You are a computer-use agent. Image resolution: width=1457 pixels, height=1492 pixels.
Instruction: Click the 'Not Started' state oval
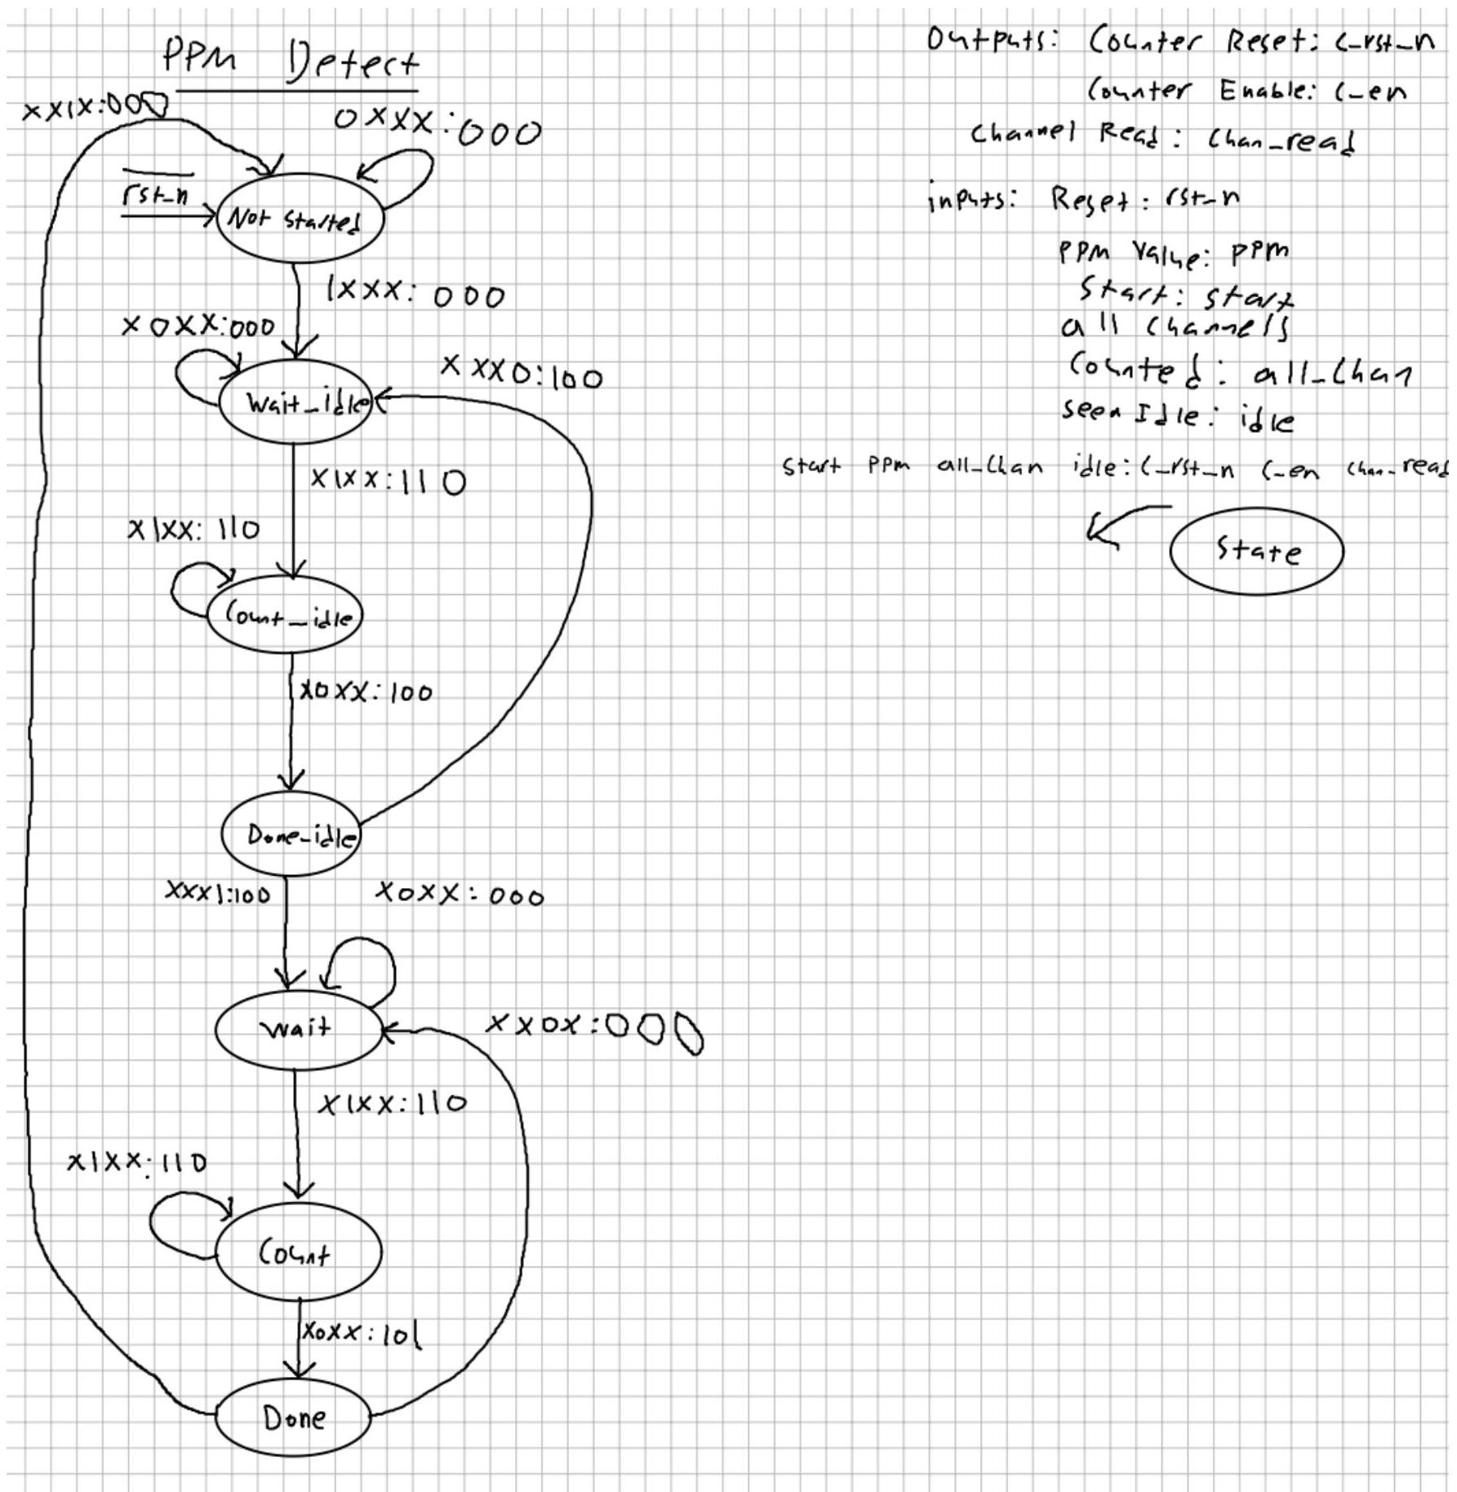[300, 218]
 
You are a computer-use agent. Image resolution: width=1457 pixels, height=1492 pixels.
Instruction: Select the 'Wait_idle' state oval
[295, 402]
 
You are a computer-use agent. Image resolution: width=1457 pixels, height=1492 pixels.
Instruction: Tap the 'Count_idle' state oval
[284, 615]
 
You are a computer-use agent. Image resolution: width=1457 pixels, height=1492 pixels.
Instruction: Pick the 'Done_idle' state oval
[291, 833]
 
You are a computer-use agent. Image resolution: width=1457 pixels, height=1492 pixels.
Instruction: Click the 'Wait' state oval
[298, 1028]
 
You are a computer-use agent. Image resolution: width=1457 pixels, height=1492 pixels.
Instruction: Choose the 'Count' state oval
[298, 1252]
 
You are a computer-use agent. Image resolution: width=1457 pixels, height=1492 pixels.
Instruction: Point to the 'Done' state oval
[293, 1417]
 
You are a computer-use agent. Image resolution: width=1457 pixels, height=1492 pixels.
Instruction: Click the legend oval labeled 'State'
[1256, 551]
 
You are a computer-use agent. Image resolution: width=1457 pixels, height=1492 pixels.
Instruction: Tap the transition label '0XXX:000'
[438, 127]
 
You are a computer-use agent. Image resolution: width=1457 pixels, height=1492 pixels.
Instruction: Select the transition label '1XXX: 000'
[415, 292]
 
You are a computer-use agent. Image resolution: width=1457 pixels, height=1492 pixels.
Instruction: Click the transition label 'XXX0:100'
[522, 373]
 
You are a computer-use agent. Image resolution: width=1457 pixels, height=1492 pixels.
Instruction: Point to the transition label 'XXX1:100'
[218, 892]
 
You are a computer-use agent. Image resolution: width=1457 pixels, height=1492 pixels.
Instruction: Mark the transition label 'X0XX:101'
[362, 1334]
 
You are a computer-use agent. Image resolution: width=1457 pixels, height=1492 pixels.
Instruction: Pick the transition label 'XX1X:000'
[96, 108]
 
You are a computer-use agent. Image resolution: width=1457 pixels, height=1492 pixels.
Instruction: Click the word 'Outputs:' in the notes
[992, 39]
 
